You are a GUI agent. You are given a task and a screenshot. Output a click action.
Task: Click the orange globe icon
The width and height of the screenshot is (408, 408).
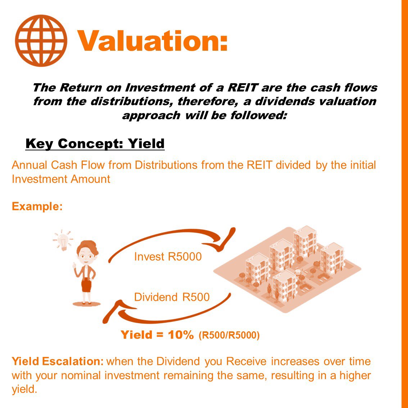pos(41,40)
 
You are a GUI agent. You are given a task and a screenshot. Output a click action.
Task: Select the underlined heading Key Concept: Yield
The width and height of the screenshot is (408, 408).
pos(95,144)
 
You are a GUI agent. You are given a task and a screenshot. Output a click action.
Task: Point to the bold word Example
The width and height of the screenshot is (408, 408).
pos(37,207)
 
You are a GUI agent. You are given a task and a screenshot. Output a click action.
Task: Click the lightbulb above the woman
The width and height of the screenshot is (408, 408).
pos(63,240)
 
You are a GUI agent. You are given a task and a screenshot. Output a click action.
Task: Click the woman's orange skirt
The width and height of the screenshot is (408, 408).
pos(86,285)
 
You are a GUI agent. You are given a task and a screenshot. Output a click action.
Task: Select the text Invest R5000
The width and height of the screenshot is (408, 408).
pos(168,257)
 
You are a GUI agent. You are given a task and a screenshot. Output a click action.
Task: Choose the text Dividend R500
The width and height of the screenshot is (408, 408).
pos(172,297)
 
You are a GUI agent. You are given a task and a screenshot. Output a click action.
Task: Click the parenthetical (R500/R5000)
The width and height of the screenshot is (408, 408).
pos(229,336)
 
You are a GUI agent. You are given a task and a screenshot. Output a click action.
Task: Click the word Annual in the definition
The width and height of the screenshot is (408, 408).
pos(30,165)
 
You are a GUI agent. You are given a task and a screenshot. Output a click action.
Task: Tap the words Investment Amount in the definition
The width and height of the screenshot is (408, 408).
pos(61,179)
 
